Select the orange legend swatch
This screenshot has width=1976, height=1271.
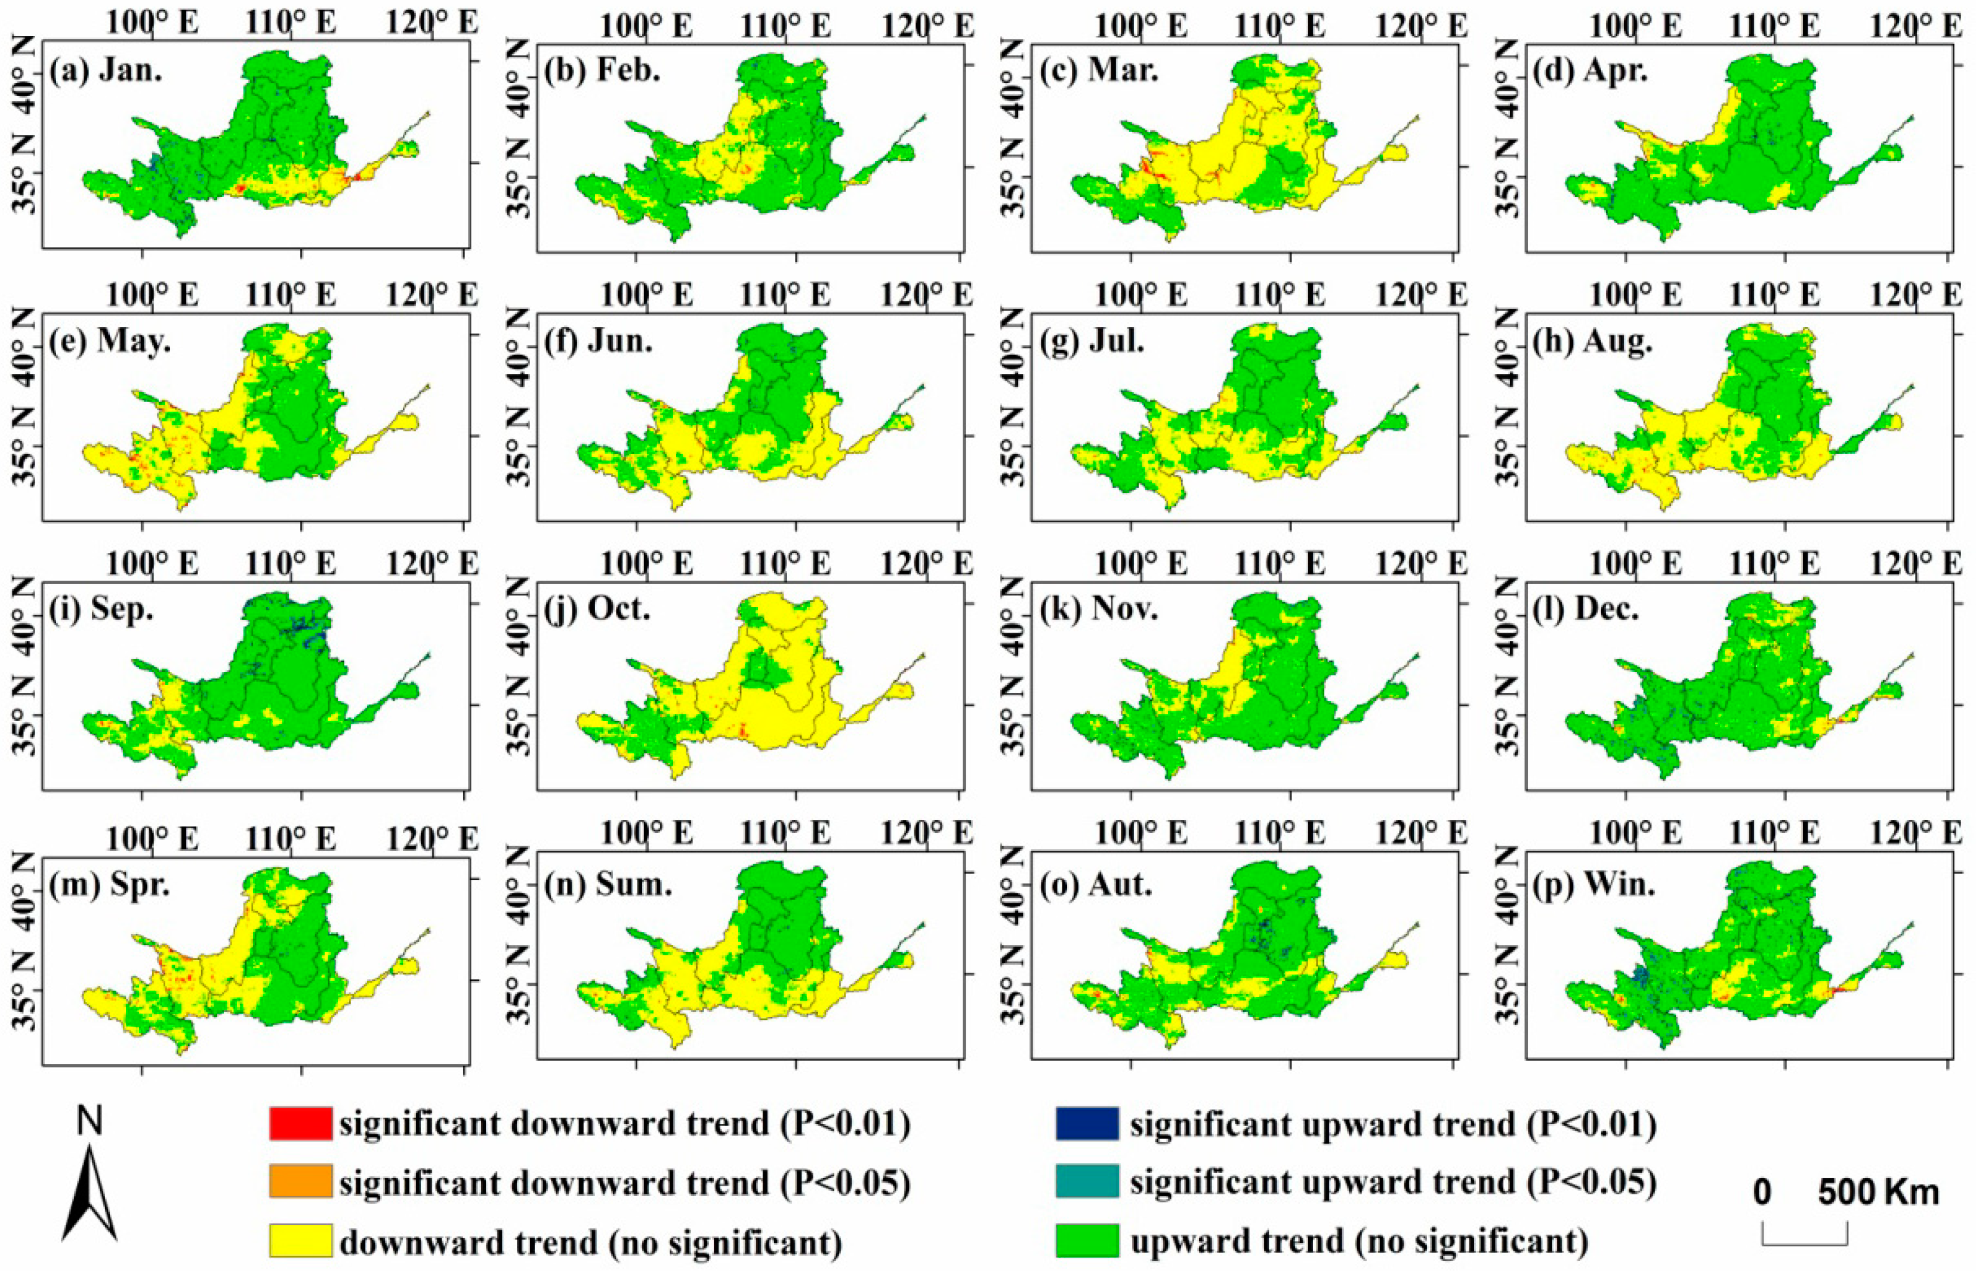click(x=300, y=1182)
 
